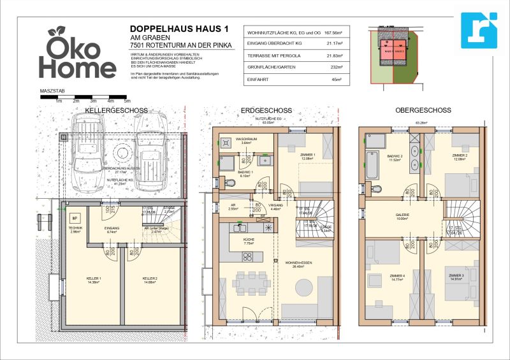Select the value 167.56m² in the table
331,32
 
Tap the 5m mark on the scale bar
127,101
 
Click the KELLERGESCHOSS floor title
116,110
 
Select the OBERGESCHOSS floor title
423,110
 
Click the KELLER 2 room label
150,278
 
